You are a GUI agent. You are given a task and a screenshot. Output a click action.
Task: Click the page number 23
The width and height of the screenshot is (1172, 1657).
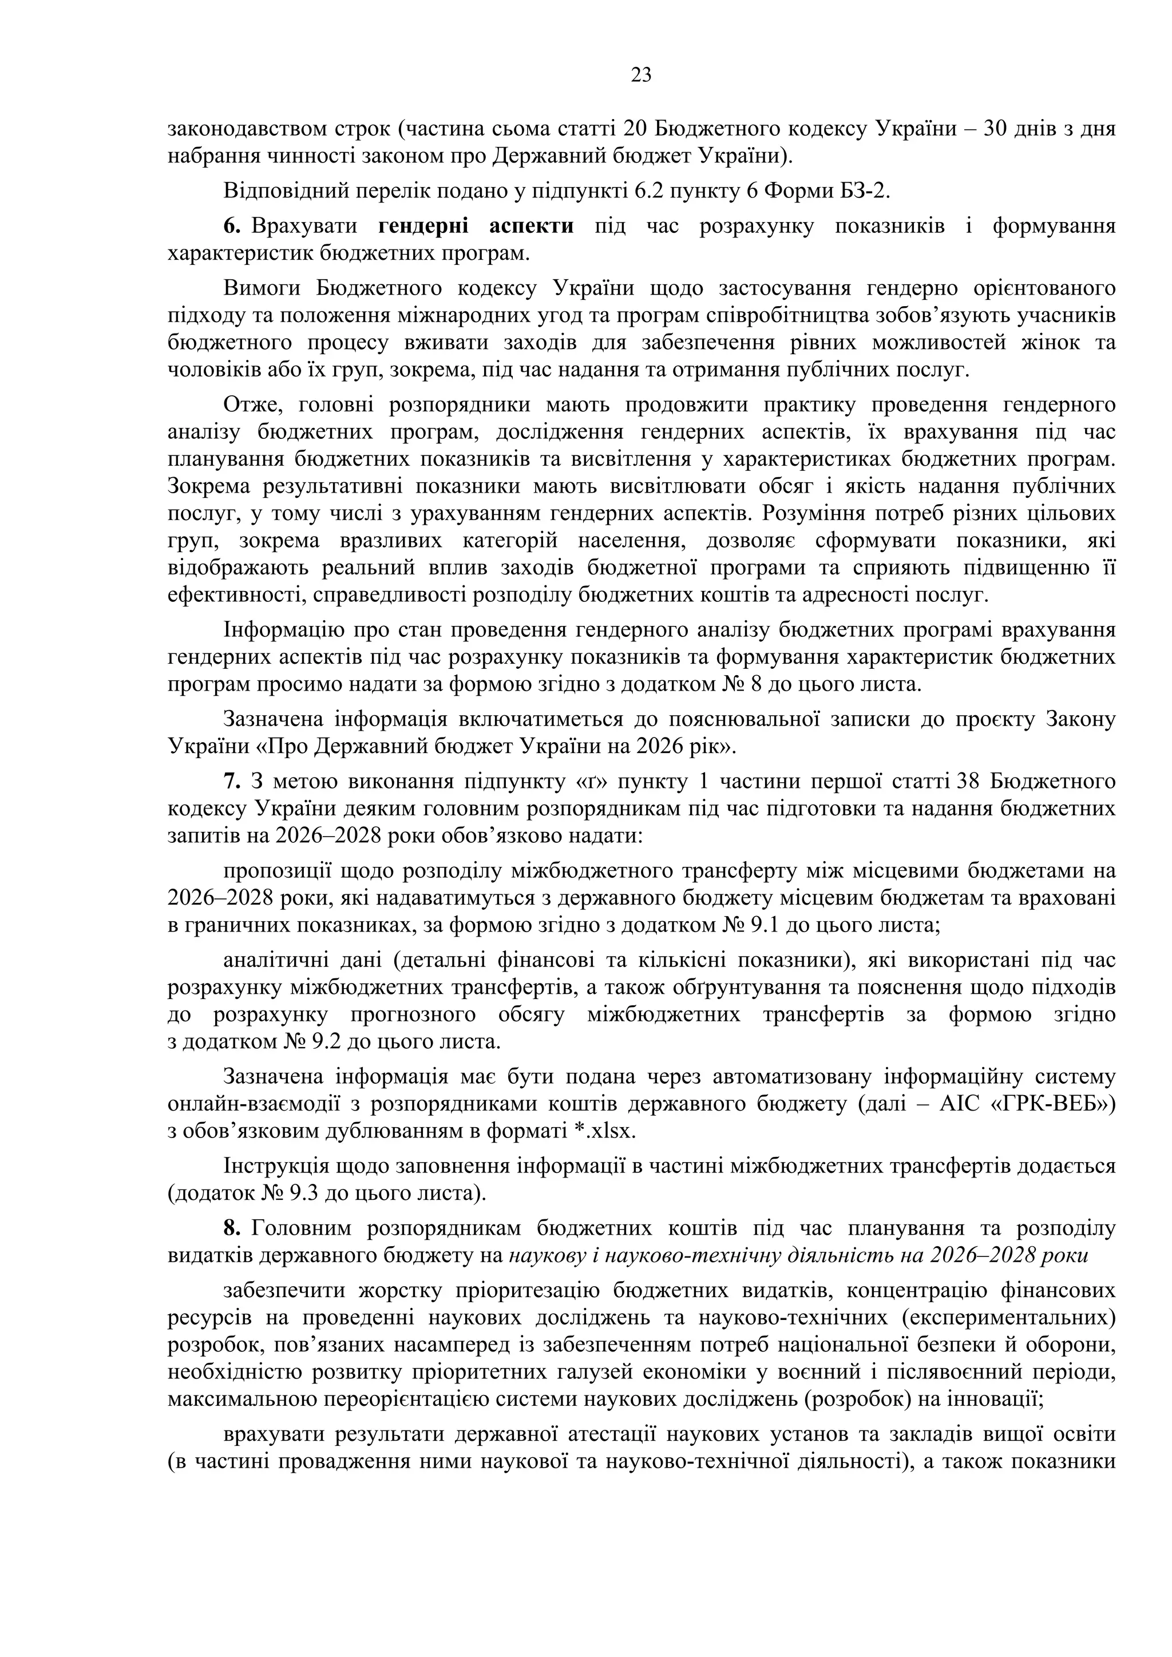click(641, 75)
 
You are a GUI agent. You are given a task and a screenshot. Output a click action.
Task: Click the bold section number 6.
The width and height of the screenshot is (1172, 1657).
click(231, 226)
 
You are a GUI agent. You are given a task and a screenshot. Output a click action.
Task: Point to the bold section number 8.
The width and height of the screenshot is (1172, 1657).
click(231, 1228)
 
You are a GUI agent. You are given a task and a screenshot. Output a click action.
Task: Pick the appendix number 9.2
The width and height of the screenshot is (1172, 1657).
click(304, 1042)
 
